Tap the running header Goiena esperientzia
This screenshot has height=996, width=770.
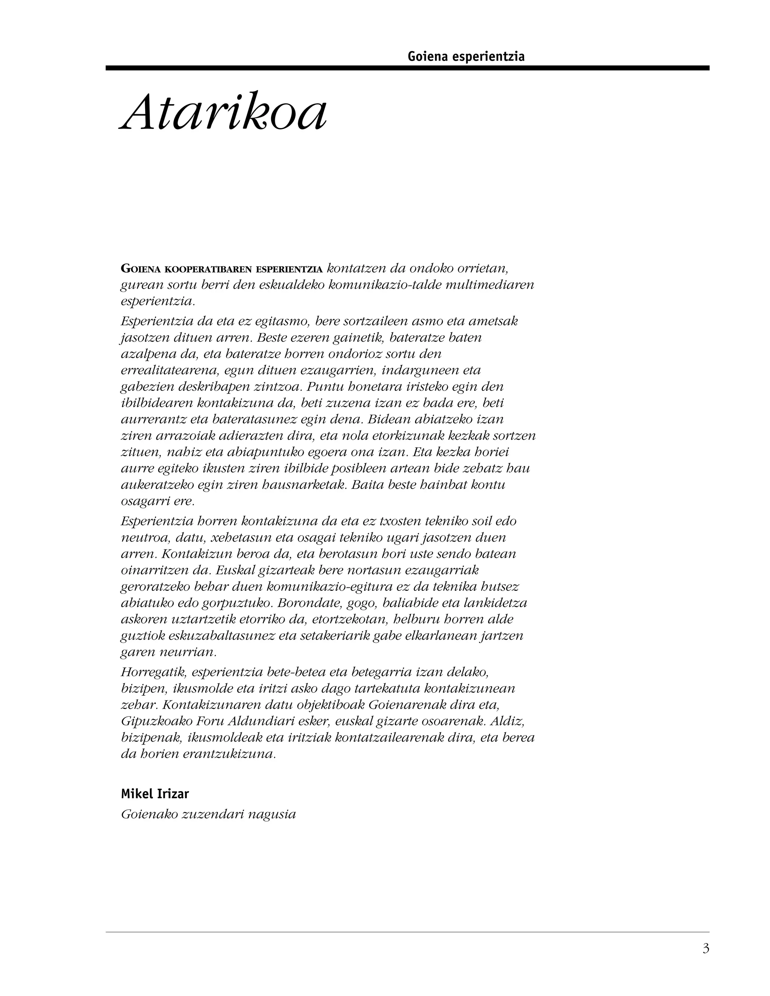tap(466, 56)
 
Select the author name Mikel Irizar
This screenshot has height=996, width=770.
tap(155, 794)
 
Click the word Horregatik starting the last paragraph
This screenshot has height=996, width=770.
tap(154, 672)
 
